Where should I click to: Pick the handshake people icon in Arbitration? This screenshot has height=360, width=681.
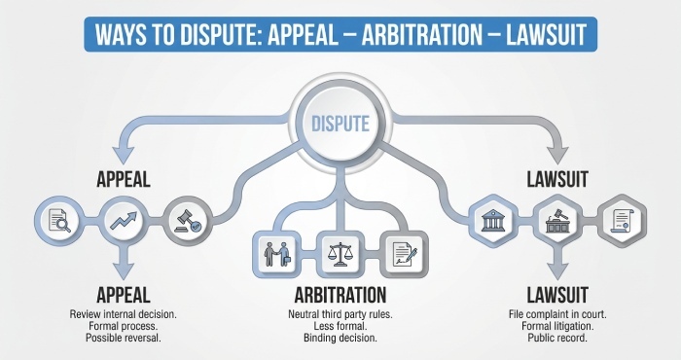(x=275, y=251)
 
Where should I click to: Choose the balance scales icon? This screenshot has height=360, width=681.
(x=339, y=251)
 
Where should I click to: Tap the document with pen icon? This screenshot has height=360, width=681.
(x=402, y=251)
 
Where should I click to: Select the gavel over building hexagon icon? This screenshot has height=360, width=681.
(x=554, y=219)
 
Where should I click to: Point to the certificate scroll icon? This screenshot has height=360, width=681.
(x=620, y=219)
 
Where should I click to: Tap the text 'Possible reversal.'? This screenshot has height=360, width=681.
(x=123, y=338)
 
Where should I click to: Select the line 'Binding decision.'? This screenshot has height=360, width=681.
(x=339, y=338)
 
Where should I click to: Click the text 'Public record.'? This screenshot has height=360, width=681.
(x=555, y=338)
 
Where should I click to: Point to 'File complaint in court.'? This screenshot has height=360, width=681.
(x=555, y=315)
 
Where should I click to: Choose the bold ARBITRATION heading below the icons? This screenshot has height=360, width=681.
(x=339, y=295)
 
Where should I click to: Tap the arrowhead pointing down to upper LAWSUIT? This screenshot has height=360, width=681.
(x=562, y=157)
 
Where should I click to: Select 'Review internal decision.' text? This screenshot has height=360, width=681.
(x=123, y=315)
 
